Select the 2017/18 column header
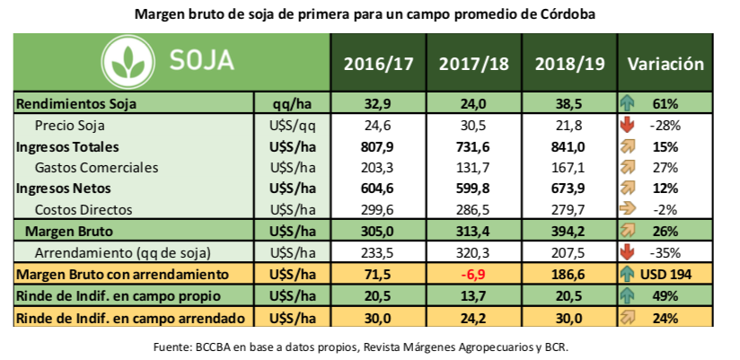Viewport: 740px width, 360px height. tap(471, 65)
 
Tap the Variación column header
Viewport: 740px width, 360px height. tap(665, 65)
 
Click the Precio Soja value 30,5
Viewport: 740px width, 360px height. tap(471, 126)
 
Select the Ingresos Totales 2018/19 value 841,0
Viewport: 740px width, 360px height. tap(567, 146)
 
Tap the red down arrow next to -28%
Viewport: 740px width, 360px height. tap(629, 126)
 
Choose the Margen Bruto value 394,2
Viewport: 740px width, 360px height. tap(567, 230)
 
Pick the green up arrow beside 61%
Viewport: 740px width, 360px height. tap(629, 105)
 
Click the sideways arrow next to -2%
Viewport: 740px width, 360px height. tap(629, 209)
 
